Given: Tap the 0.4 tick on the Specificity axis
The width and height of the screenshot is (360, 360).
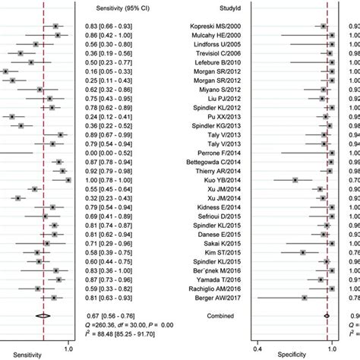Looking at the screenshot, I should tap(257, 348).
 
